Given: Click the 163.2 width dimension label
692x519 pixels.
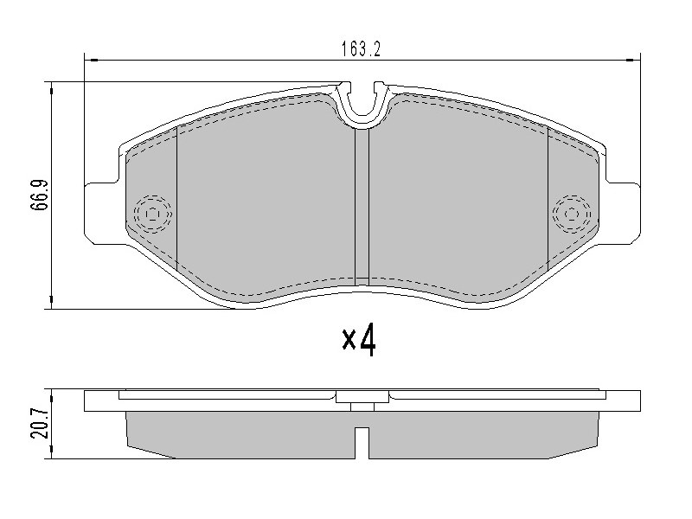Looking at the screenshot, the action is [x=361, y=48].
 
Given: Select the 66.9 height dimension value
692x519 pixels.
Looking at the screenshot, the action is [x=39, y=195].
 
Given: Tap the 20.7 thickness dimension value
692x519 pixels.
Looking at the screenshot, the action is [x=39, y=423].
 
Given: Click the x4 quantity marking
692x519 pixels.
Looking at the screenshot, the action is [x=359, y=339].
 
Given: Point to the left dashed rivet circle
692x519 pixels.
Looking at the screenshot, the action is [x=153, y=214].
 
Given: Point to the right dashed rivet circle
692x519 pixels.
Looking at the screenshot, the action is [x=572, y=214].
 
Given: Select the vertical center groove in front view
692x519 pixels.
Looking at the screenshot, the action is [x=362, y=207].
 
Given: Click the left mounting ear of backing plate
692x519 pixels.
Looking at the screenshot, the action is [x=101, y=213].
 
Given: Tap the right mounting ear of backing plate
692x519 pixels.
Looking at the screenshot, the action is [x=623, y=213].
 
